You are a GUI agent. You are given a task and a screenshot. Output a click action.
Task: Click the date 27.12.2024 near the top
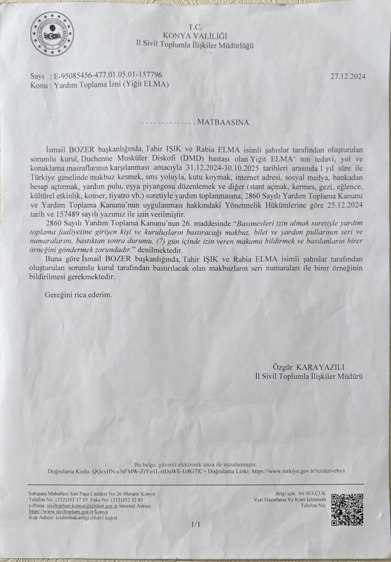pyautogui.click(x=348, y=76)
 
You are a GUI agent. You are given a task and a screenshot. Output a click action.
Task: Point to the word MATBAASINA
pyautogui.click(x=223, y=123)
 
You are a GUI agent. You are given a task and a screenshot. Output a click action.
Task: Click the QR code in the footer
pyautogui.click(x=347, y=509)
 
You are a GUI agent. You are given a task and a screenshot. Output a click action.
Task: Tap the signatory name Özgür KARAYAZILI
pyautogui.click(x=309, y=367)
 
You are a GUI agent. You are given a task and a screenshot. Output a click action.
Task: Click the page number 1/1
pyautogui.click(x=195, y=524)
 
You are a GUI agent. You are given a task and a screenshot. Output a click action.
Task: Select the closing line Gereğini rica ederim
pyautogui.click(x=78, y=294)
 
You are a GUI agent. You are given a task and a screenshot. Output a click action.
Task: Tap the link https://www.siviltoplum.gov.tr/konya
pyautogui.click(x=68, y=512)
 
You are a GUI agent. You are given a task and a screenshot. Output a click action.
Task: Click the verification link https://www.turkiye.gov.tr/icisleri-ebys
pyautogui.click(x=298, y=472)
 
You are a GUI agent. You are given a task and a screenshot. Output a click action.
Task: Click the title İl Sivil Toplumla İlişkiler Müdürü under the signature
pyautogui.click(x=309, y=376)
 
